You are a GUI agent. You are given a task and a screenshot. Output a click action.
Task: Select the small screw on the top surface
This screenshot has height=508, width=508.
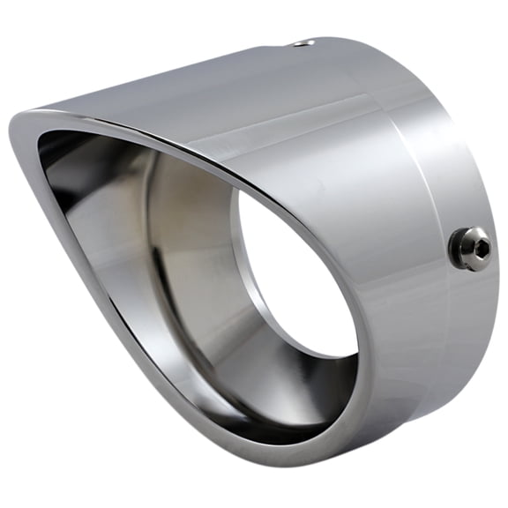303,41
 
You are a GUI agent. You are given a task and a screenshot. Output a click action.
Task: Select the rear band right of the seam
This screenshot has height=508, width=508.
432,159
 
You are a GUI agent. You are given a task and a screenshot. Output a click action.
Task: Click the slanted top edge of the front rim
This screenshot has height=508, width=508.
176,141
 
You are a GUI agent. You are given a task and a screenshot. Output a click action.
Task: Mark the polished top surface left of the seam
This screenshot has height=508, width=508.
265,97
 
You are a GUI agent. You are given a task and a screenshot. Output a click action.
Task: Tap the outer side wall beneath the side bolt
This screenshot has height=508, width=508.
441,335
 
